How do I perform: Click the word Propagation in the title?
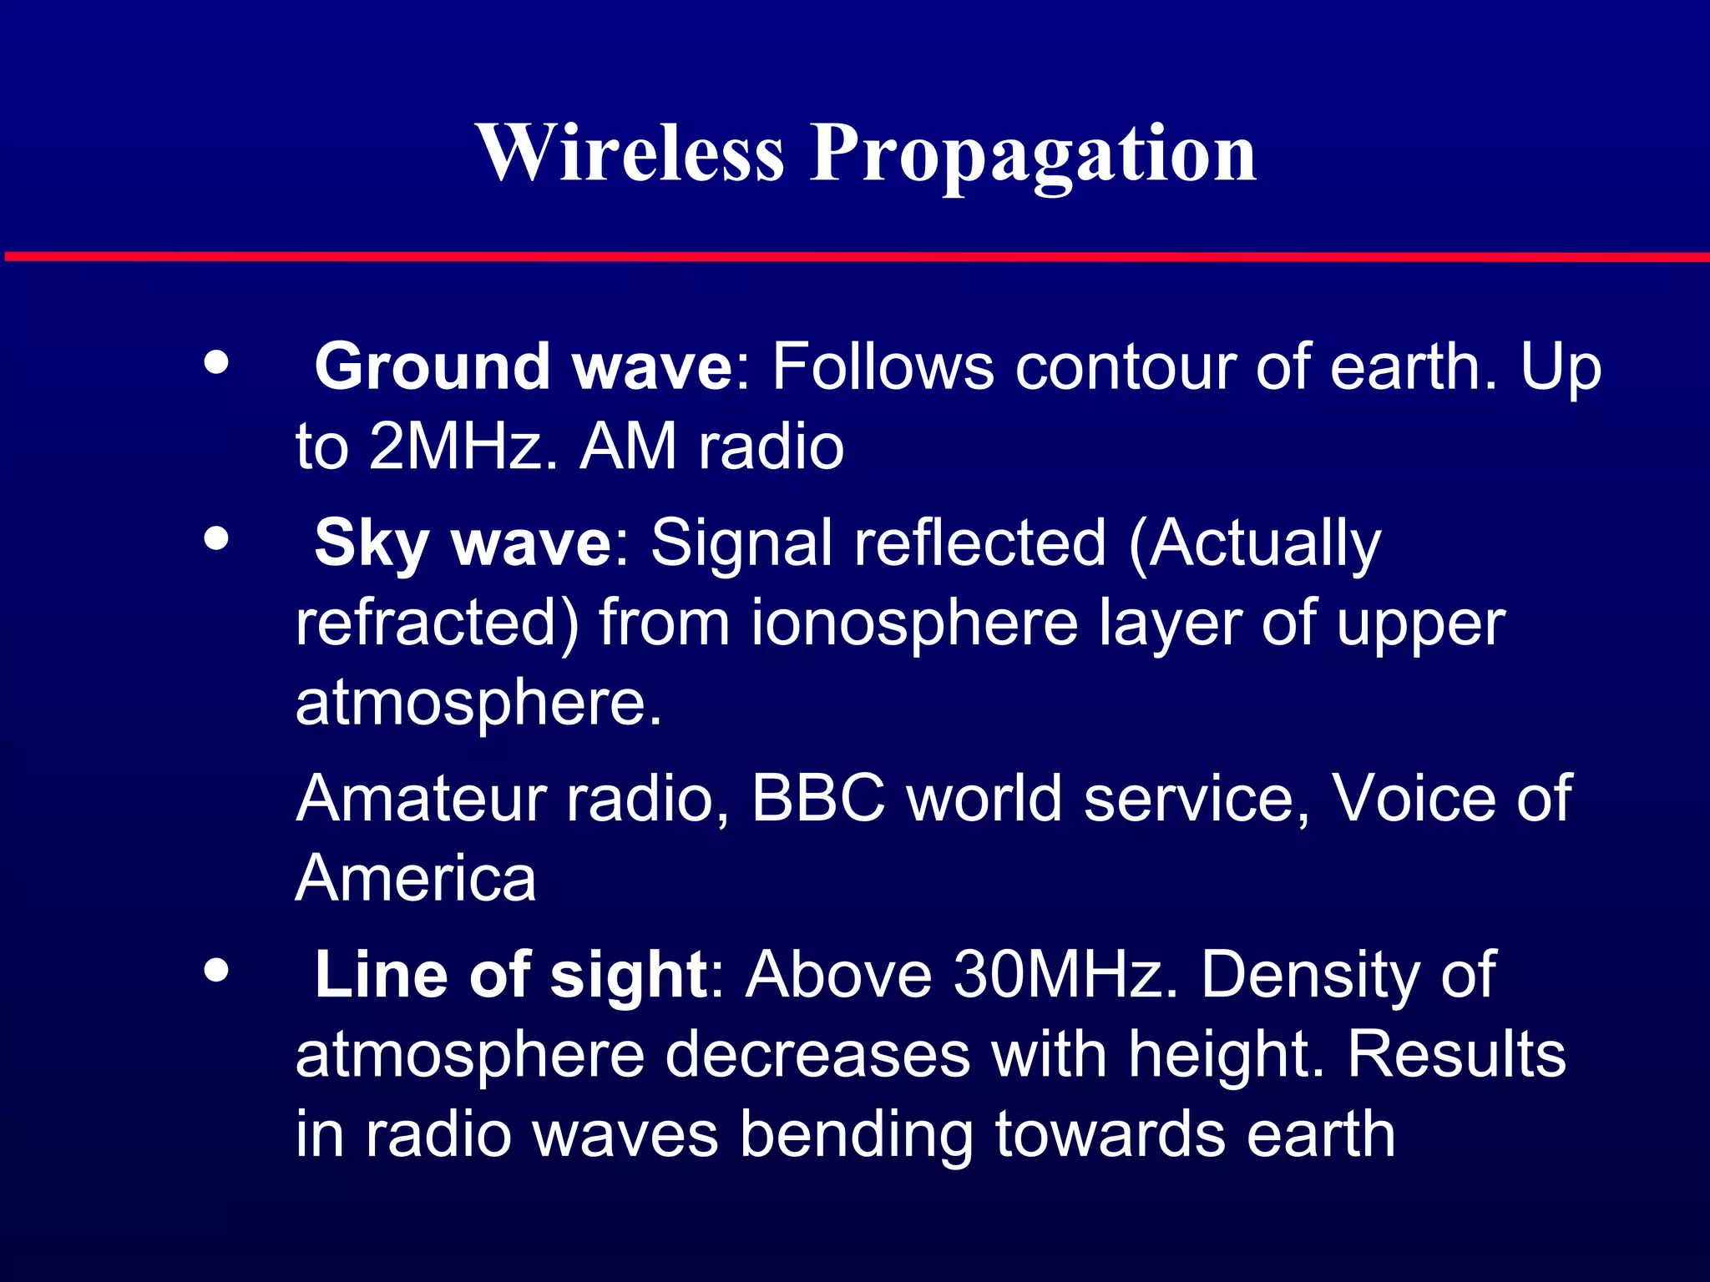pos(1033,154)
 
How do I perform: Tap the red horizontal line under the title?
pos(855,256)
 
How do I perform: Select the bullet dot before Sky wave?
pos(216,538)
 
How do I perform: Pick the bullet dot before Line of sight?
pos(216,970)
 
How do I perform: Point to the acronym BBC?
pos(818,799)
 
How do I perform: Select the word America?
pos(415,879)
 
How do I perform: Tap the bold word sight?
pos(629,975)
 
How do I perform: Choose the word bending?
pos(857,1136)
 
